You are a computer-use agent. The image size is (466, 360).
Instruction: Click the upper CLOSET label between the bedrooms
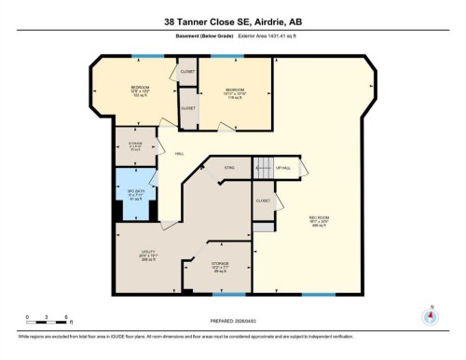187,71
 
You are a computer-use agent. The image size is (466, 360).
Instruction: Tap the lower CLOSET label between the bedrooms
188,108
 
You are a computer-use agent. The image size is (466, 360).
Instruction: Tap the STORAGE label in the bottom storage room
220,265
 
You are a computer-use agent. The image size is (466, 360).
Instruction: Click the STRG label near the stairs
228,168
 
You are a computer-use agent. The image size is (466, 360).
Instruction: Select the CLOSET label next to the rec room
263,201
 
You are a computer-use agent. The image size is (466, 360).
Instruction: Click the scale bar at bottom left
43,320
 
